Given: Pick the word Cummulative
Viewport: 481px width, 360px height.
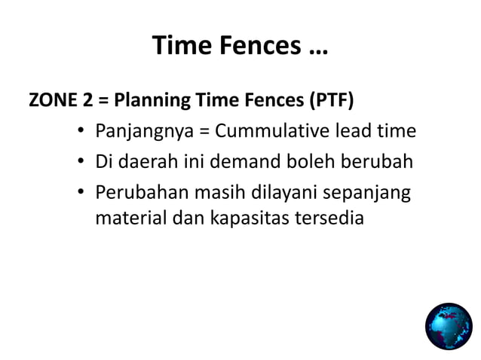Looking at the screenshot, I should [x=273, y=131].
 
